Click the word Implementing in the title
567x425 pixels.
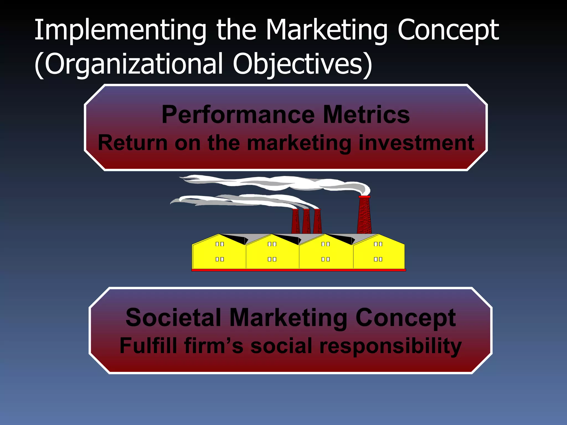120,30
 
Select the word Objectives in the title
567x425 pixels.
298,64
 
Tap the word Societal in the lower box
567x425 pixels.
173,317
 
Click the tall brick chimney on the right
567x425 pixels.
364,216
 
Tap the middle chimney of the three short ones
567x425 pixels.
306,221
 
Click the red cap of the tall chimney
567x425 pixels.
364,197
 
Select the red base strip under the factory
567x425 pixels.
298,270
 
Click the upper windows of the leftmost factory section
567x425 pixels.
220,244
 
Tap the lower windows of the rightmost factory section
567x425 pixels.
378,259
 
